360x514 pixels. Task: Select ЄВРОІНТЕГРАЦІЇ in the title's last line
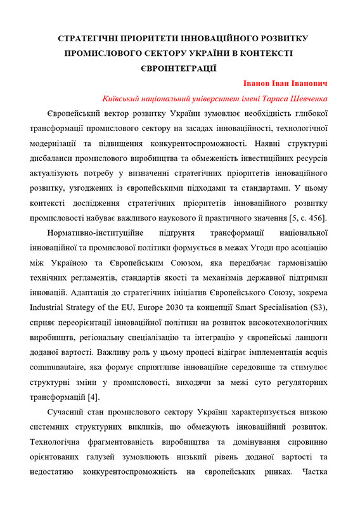(x=180, y=67)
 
